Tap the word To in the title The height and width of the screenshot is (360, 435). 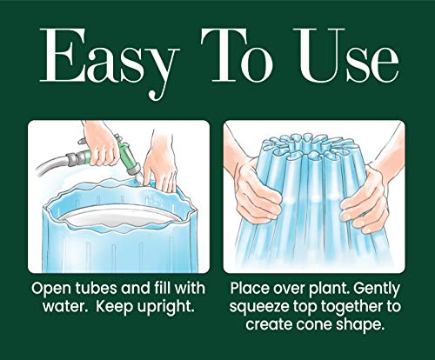(x=238, y=55)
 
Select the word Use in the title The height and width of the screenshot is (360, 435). (x=346, y=55)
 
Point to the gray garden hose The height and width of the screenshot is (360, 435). (x=52, y=165)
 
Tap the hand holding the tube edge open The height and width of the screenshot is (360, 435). (x=160, y=165)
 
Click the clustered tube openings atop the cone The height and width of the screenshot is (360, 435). (x=311, y=146)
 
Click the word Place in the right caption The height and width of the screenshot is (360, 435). (x=249, y=289)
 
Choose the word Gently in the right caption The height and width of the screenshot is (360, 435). (x=377, y=290)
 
